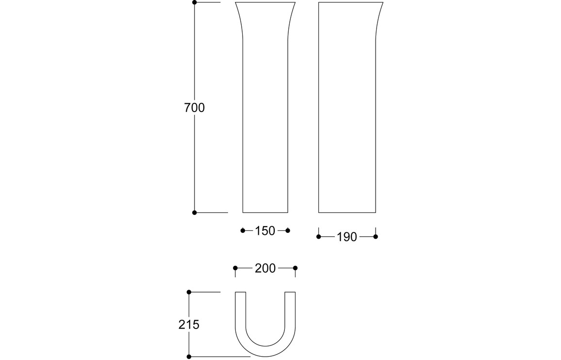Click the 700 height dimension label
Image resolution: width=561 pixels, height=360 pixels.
[x=194, y=108]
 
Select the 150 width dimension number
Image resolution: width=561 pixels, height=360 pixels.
[x=265, y=231]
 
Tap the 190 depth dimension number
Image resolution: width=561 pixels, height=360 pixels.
[x=347, y=237]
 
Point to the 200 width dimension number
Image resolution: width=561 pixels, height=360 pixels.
[x=265, y=268]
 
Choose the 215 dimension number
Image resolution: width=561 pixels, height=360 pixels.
[x=189, y=325]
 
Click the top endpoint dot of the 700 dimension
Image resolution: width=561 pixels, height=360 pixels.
[x=195, y=2]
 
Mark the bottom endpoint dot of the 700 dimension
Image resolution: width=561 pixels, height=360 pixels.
[x=195, y=213]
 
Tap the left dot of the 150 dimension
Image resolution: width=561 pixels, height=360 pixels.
[x=243, y=230]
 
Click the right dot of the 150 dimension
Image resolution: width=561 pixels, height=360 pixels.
[x=288, y=230]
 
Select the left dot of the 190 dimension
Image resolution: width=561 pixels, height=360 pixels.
[x=319, y=237]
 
